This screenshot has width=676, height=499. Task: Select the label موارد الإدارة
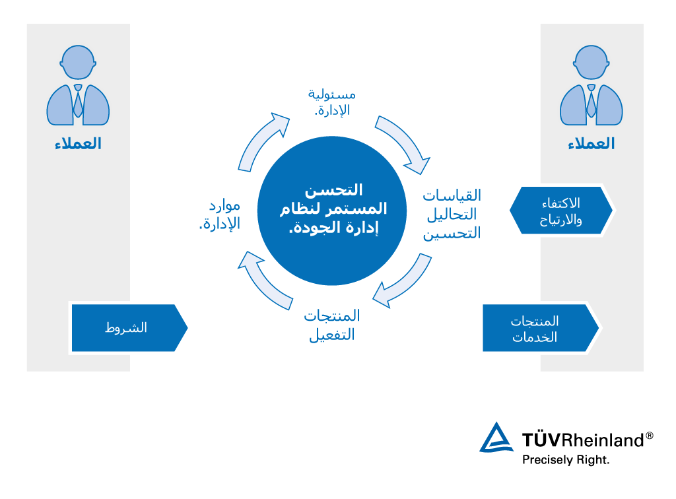click(x=220, y=215)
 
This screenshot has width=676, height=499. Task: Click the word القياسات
click(x=452, y=196)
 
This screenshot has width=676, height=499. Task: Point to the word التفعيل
click(x=331, y=335)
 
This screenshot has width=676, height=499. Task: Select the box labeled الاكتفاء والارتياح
click(x=561, y=211)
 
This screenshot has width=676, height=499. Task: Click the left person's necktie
click(x=78, y=101)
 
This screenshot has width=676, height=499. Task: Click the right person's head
click(x=591, y=63)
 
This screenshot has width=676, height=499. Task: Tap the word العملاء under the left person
click(x=78, y=144)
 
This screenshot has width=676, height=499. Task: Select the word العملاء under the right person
click(x=591, y=144)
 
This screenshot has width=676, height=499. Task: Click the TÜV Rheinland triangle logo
click(x=496, y=439)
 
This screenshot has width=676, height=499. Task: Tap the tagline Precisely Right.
click(x=566, y=459)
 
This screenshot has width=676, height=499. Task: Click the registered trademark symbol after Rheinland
click(x=650, y=436)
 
